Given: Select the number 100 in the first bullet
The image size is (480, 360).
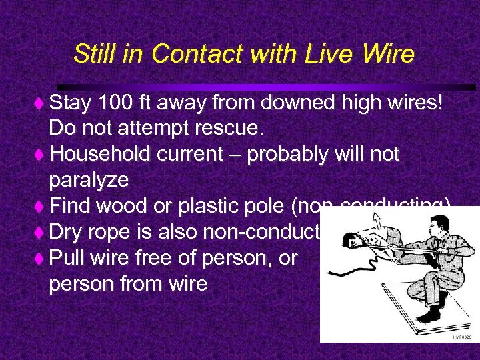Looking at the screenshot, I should tap(114, 103).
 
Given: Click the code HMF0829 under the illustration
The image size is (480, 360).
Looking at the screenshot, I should tap(461, 337).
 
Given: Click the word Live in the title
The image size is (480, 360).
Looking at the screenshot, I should tap(313, 53).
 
